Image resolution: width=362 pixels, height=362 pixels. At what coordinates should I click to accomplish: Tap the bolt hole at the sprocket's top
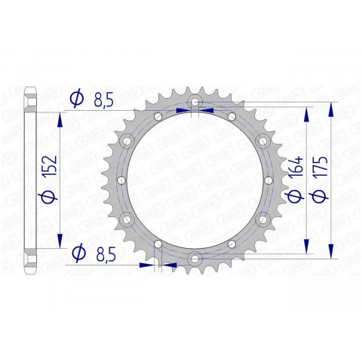(x=195, y=101)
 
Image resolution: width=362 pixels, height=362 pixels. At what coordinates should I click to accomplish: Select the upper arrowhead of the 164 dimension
(x=306, y=112)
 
